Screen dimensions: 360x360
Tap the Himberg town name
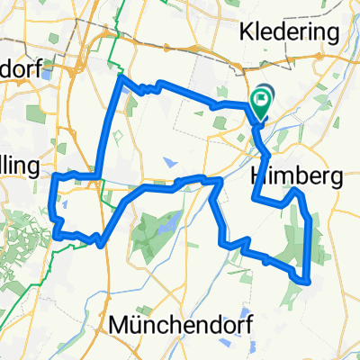(x=296, y=178)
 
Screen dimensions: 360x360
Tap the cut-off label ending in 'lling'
(x=19, y=166)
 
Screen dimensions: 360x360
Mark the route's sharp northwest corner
(x=121, y=79)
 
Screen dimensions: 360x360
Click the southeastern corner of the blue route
(x=310, y=280)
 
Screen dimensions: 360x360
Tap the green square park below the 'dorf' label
(x=36, y=115)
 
